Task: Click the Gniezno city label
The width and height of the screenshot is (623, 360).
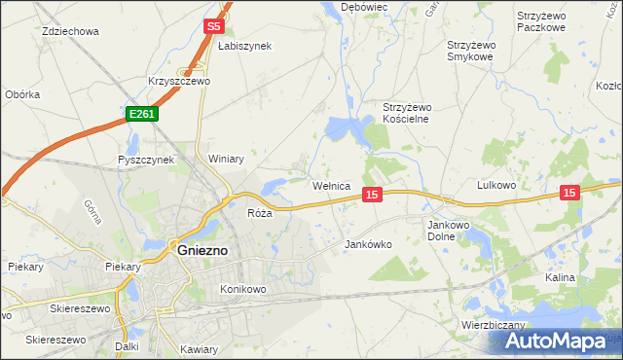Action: [202, 249]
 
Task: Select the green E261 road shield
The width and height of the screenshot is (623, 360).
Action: [141, 115]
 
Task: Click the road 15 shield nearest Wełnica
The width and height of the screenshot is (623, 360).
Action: [371, 196]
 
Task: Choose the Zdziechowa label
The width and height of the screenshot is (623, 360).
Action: [71, 31]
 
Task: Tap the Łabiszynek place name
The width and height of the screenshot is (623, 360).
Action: [245, 46]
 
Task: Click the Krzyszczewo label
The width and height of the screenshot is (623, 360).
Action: [179, 82]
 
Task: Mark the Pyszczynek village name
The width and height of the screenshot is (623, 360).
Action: [145, 160]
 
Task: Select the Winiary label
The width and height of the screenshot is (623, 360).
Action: [226, 159]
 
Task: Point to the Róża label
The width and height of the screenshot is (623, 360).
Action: [259, 213]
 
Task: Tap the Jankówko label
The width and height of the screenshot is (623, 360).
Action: [369, 245]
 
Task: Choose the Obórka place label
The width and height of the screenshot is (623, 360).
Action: [22, 94]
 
